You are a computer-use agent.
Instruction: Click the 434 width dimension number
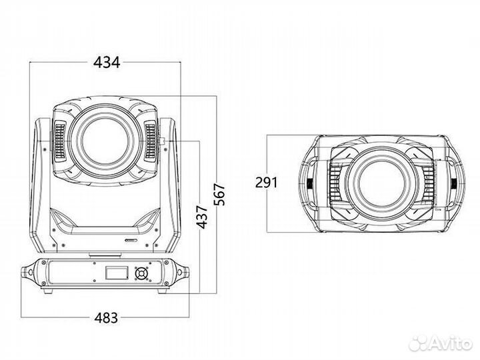click(107, 62)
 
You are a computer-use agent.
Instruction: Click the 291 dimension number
click(265, 183)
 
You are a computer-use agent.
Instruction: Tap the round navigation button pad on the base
click(141, 274)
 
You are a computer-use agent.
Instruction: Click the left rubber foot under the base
click(47, 291)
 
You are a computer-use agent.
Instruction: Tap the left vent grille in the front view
click(58, 142)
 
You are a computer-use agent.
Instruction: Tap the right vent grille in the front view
click(151, 142)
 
